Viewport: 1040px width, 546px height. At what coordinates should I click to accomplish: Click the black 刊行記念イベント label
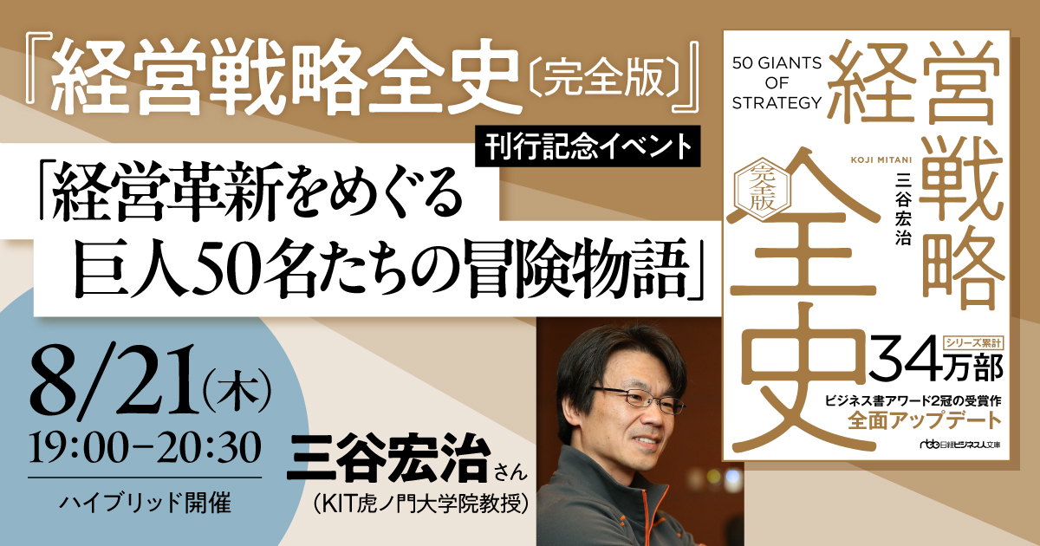[588, 146]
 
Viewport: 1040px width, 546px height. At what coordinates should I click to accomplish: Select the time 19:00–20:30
[145, 447]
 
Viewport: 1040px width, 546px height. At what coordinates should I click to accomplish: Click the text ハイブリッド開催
[146, 503]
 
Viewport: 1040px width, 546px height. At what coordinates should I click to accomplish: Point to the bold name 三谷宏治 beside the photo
[389, 458]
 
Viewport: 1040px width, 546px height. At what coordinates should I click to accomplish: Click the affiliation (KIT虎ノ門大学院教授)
[421, 504]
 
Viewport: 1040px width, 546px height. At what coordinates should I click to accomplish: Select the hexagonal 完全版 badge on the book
[763, 190]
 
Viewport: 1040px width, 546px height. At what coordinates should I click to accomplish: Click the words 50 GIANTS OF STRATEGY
[777, 82]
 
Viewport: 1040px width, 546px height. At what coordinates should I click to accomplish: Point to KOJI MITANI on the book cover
[881, 160]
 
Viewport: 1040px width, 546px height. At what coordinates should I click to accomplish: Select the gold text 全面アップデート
[925, 421]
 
